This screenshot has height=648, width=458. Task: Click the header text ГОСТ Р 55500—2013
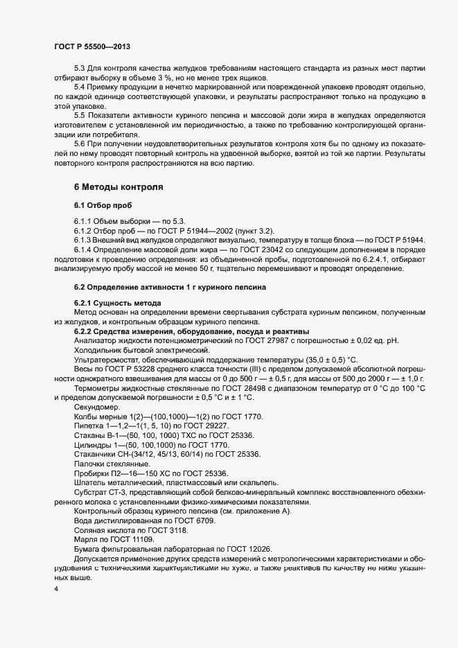pyautogui.click(x=91, y=46)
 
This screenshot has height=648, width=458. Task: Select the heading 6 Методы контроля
pyautogui.click(x=118, y=187)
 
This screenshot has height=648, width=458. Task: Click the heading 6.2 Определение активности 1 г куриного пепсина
pyautogui.click(x=170, y=287)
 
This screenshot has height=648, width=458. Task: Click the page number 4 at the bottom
pyautogui.click(x=55, y=590)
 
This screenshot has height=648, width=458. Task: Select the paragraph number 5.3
pyautogui.click(x=79, y=68)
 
